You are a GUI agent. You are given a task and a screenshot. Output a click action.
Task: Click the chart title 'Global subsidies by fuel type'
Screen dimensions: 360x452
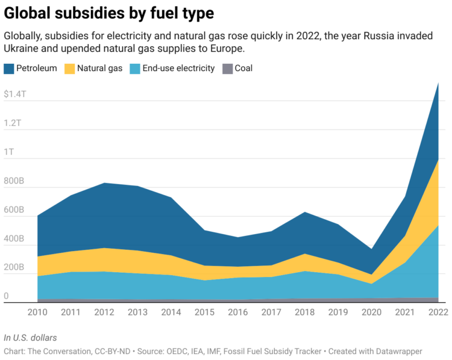108,13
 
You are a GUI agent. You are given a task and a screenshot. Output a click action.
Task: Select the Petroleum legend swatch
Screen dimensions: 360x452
9,69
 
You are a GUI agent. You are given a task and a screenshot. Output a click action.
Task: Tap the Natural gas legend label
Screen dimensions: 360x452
99,69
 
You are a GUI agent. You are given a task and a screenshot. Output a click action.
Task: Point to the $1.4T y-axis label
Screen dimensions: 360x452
15,95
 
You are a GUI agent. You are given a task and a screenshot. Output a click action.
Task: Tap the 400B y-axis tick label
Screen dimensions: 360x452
14,239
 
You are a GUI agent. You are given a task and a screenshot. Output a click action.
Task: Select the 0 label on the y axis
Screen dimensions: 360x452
7,296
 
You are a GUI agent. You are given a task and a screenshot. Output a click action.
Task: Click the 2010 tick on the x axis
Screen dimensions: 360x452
38,312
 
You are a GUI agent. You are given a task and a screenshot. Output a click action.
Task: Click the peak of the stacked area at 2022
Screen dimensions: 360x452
438,84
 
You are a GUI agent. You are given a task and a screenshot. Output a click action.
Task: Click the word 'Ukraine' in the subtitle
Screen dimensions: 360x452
22,48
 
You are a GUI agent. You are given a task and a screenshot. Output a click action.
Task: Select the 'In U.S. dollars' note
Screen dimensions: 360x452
30,338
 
